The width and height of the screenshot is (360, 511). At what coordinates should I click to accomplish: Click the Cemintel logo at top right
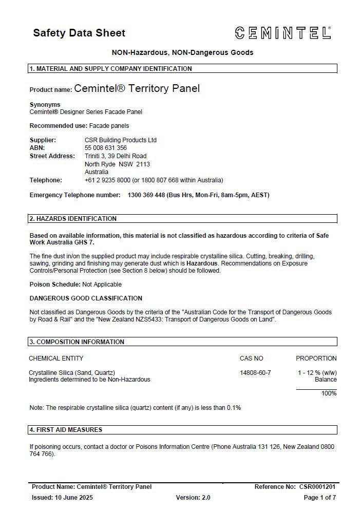pyautogui.click(x=283, y=33)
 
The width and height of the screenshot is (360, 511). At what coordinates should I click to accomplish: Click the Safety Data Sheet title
pyautogui.click(x=79, y=33)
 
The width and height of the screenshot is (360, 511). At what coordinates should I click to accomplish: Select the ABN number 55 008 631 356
pyautogui.click(x=106, y=148)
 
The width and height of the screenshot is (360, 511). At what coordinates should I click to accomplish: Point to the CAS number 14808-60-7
pyautogui.click(x=255, y=372)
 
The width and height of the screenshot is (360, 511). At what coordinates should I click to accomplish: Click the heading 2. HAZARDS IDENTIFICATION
pyautogui.click(x=73, y=219)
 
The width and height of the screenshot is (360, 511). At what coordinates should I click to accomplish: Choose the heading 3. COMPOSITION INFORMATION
pyautogui.click(x=77, y=342)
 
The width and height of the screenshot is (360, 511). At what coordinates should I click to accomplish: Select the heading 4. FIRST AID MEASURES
pyautogui.click(x=66, y=430)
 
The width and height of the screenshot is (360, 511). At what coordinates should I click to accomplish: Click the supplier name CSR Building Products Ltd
pyautogui.click(x=121, y=140)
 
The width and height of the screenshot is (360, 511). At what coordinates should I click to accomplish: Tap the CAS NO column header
pyautogui.click(x=251, y=358)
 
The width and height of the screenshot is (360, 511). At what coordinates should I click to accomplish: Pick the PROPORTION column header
pyautogui.click(x=316, y=358)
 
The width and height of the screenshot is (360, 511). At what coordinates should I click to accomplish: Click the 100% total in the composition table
pyautogui.click(x=329, y=393)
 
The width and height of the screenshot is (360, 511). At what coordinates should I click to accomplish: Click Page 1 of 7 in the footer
pyautogui.click(x=320, y=498)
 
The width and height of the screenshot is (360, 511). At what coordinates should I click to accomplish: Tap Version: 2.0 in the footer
pyautogui.click(x=193, y=498)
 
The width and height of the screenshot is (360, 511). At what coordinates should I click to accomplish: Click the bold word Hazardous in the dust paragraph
pyautogui.click(x=202, y=263)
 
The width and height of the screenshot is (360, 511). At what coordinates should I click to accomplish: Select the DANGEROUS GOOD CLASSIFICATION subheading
pyautogui.click(x=86, y=298)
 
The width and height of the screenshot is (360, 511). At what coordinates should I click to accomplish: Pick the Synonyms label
pyautogui.click(x=45, y=105)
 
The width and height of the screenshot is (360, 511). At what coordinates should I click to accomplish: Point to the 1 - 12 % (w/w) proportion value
pyautogui.click(x=317, y=372)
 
